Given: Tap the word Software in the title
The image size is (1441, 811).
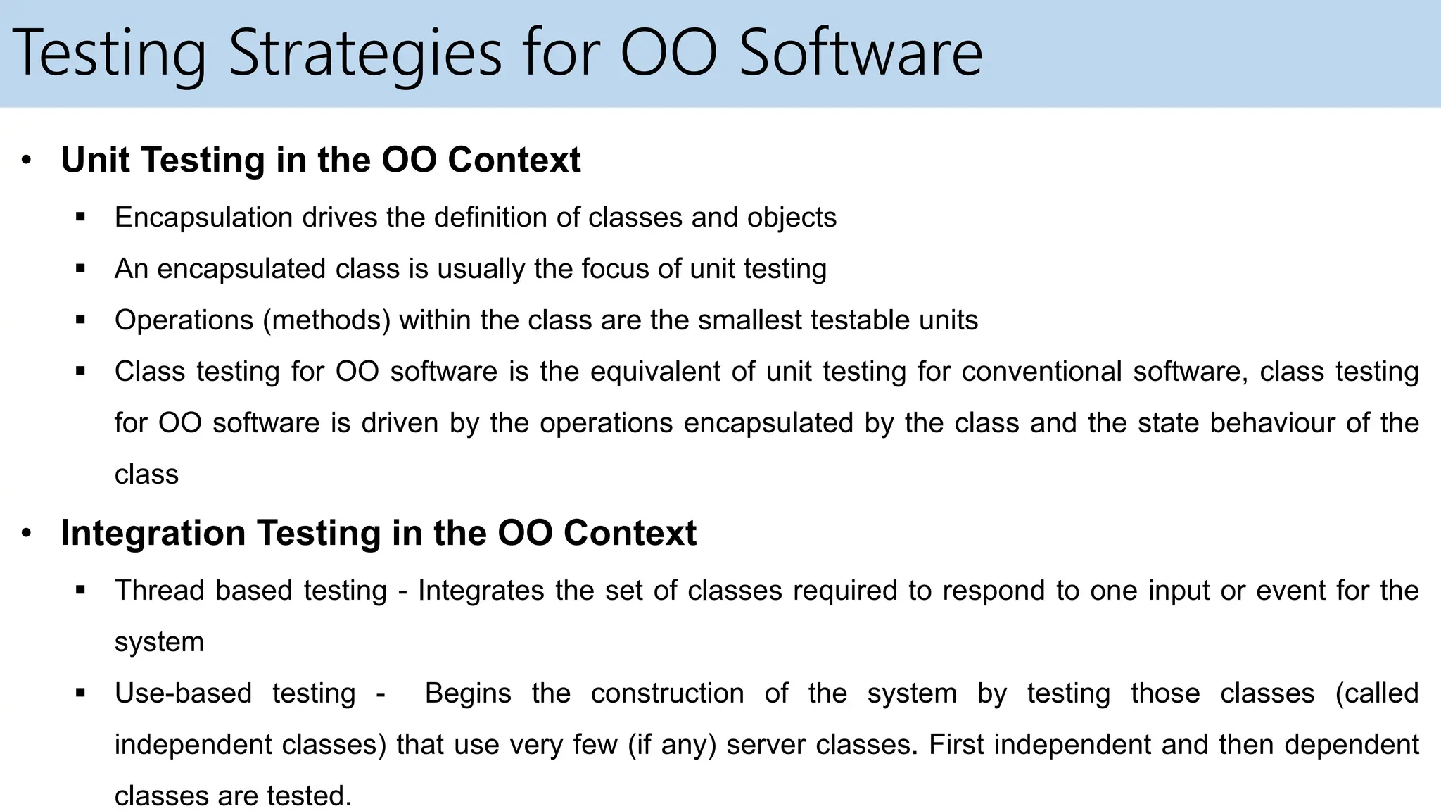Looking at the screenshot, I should (x=860, y=54).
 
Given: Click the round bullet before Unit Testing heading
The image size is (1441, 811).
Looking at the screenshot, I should (x=26, y=160).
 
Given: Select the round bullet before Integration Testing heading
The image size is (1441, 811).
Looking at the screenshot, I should (x=26, y=533).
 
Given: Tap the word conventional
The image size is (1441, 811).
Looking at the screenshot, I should (x=1041, y=372).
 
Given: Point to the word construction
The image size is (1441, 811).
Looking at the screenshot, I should (x=667, y=693).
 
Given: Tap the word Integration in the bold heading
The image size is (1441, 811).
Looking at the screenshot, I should (x=153, y=533).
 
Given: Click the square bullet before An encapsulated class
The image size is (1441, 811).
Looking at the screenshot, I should (x=80, y=268).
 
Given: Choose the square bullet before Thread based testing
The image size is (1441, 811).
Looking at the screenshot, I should (x=80, y=590).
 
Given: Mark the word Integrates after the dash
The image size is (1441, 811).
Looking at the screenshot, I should (x=481, y=591).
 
